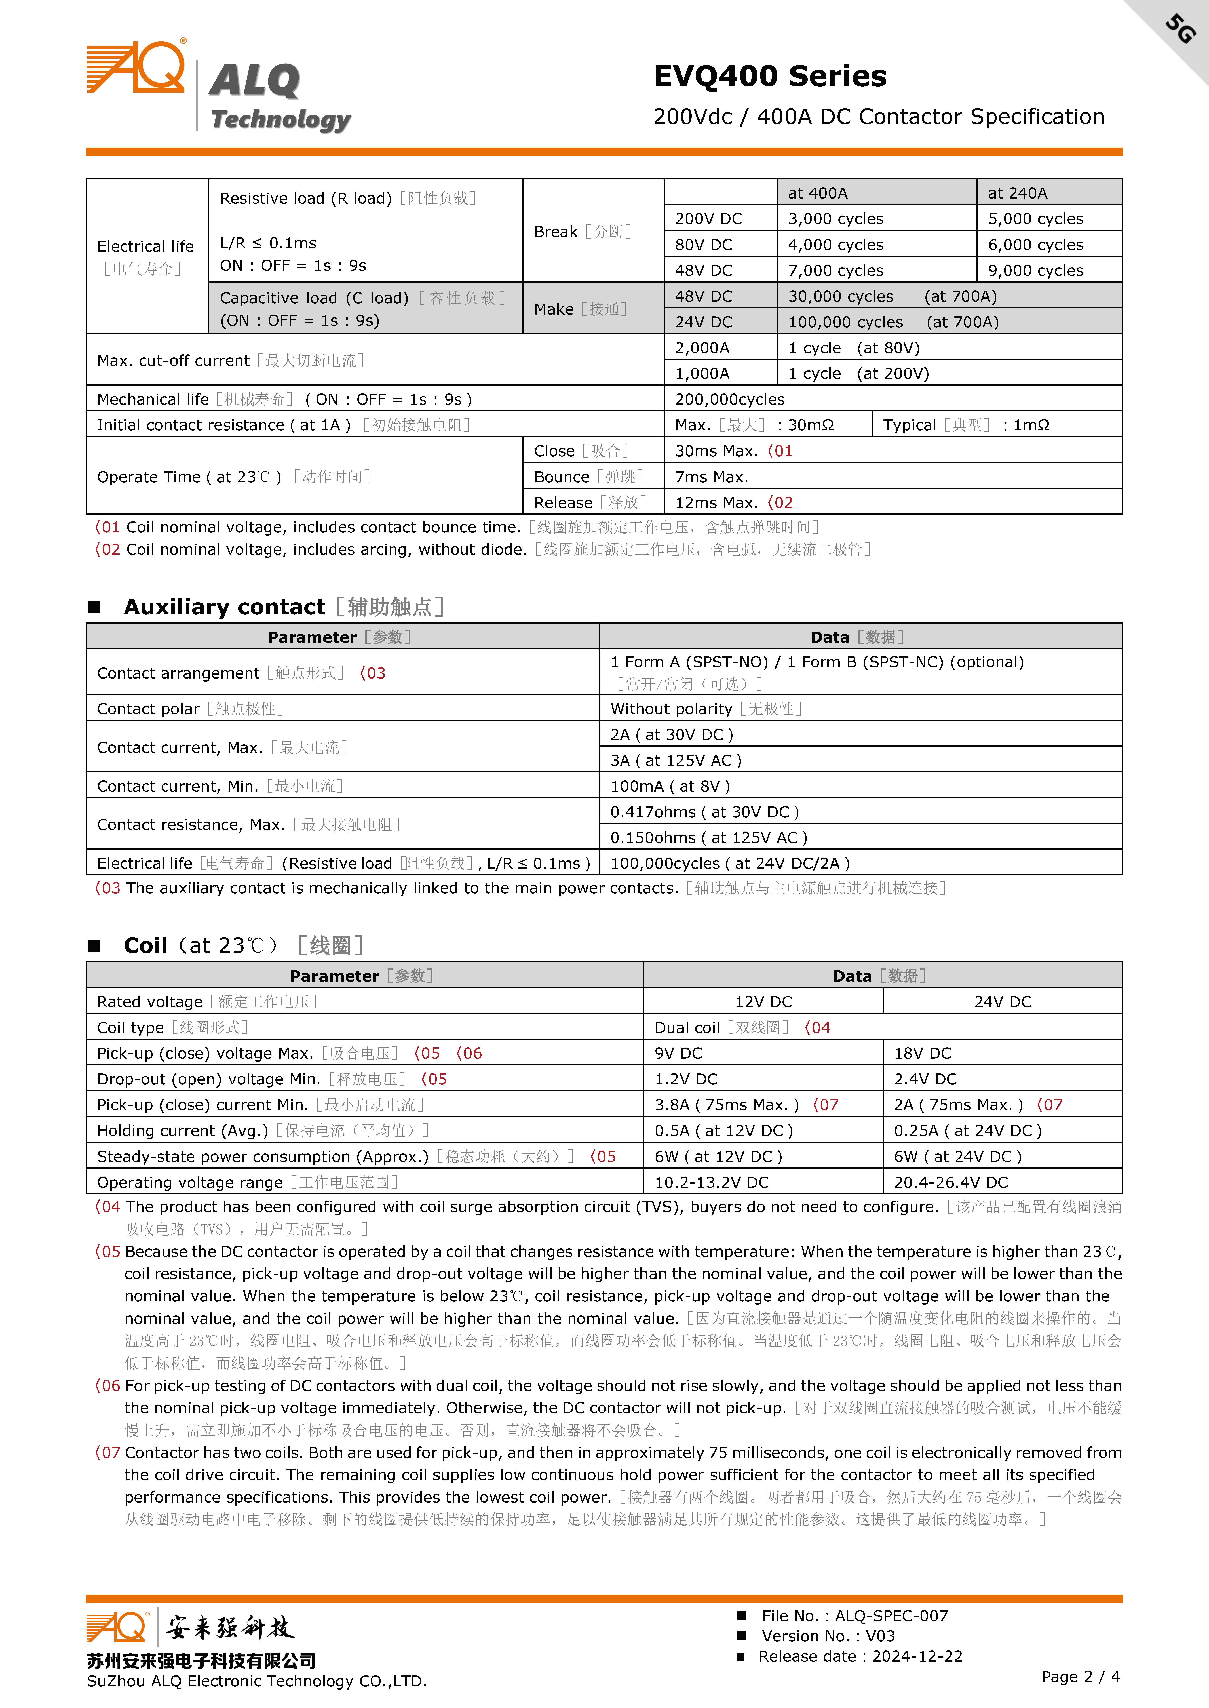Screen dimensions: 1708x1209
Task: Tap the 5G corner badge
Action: click(x=1180, y=28)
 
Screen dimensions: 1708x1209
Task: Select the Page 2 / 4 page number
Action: click(x=1080, y=1677)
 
